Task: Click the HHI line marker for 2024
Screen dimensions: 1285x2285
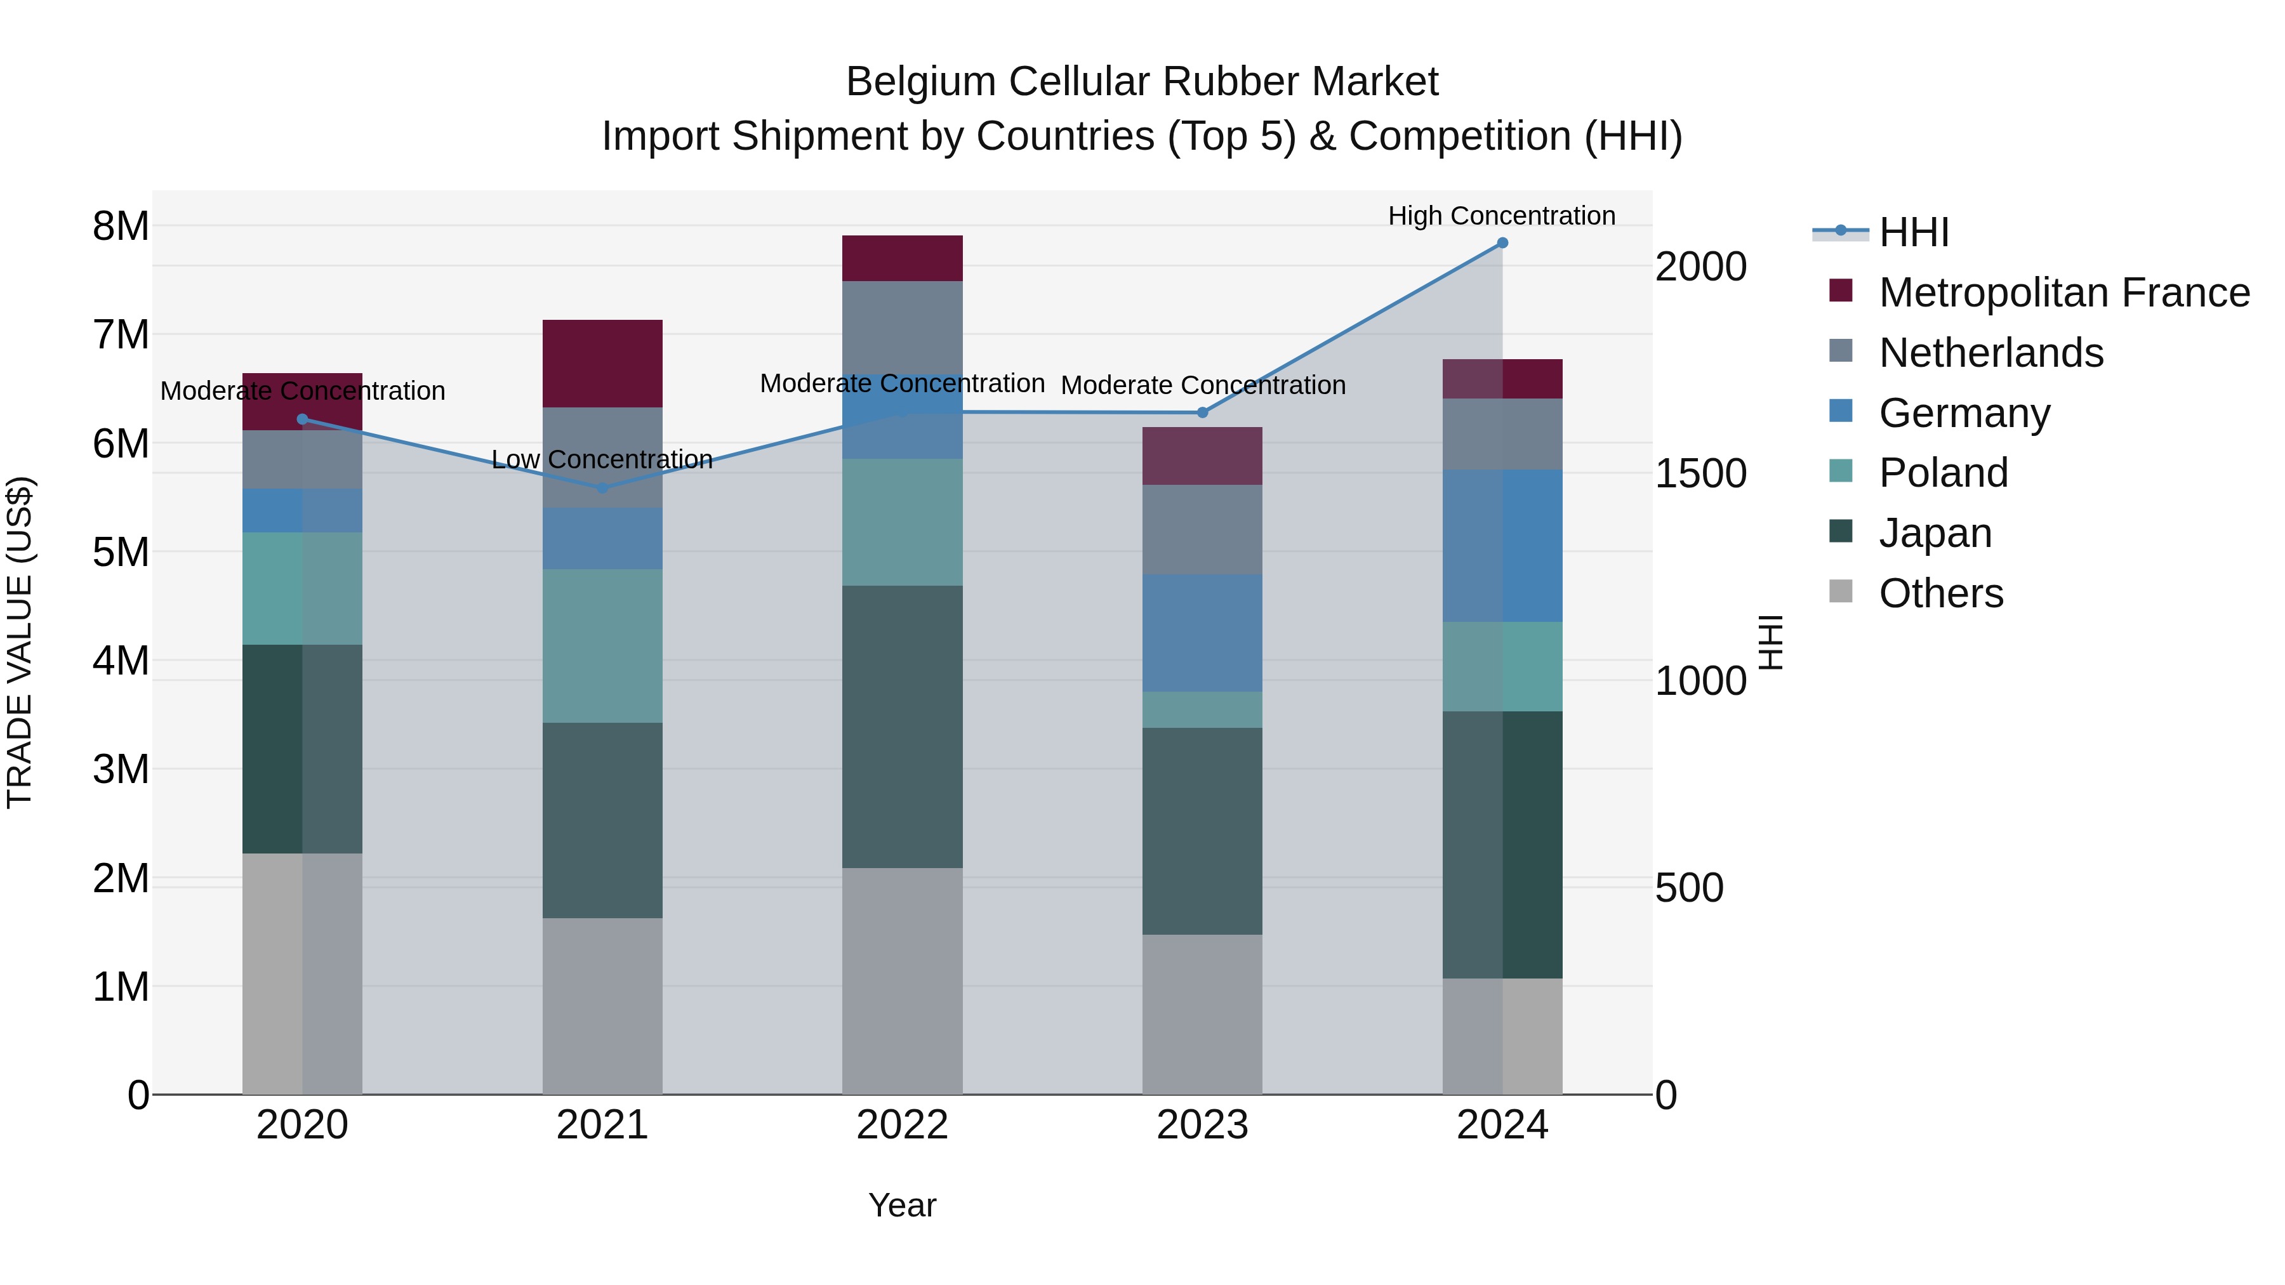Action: point(1502,243)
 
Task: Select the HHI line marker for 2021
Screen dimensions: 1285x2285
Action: point(602,488)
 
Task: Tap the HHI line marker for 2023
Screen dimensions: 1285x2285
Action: point(1202,412)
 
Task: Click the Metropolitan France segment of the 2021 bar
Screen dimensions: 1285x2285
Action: point(602,364)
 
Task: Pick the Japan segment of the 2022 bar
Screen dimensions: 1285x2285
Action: point(902,727)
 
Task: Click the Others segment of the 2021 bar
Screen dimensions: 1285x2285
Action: point(602,1006)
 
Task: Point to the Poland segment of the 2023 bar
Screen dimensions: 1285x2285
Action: point(1202,709)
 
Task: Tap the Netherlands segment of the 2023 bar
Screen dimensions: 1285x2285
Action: point(1202,529)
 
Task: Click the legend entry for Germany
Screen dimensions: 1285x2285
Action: point(1964,413)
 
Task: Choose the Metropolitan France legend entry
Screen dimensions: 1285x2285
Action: point(2063,293)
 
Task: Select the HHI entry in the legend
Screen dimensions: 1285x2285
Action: point(1913,232)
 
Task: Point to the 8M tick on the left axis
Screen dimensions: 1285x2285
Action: point(121,226)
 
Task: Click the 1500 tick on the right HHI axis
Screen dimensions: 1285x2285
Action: point(1700,473)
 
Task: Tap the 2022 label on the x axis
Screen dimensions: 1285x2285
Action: point(902,1125)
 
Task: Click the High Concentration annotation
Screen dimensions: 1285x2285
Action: point(1501,216)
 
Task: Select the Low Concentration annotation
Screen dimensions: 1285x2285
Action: point(602,459)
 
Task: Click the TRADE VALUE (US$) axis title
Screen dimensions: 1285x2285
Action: point(20,642)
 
